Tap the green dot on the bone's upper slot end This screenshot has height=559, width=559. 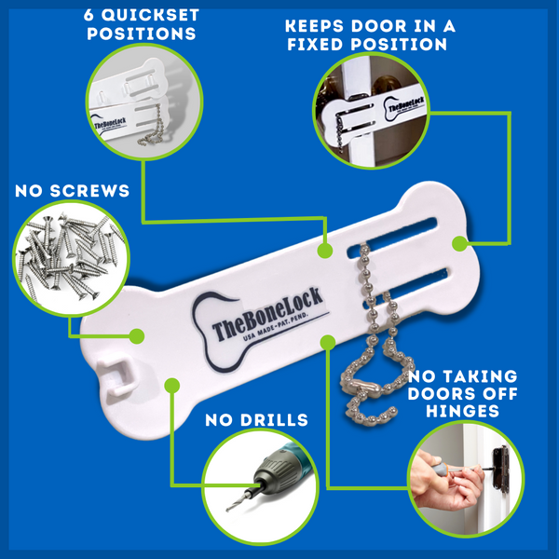click(458, 244)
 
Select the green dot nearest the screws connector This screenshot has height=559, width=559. click(137, 334)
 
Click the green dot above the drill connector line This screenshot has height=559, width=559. click(172, 383)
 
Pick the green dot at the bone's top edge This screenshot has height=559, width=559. click(324, 251)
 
